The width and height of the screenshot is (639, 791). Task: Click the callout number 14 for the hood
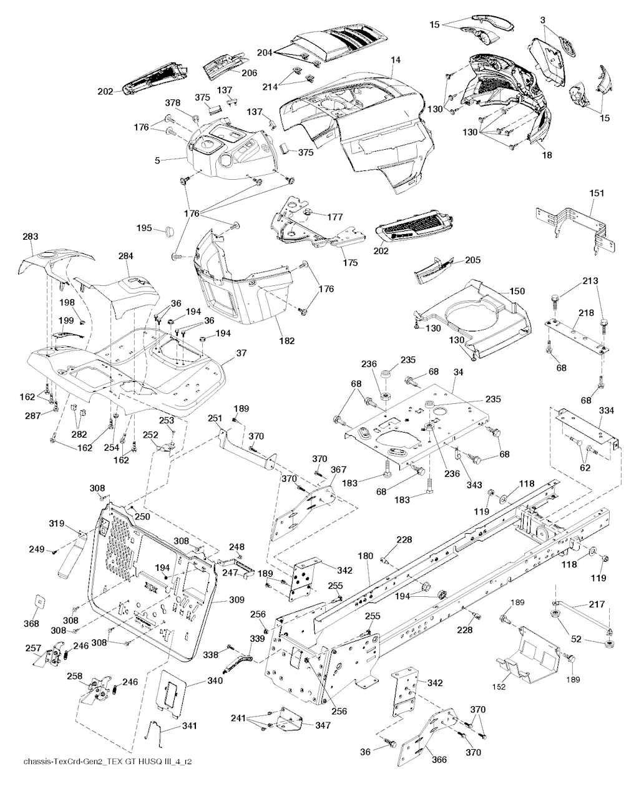(x=395, y=60)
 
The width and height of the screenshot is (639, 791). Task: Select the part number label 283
(x=30, y=237)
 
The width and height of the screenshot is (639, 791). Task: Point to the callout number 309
(x=237, y=600)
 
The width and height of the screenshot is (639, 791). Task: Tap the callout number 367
(x=338, y=469)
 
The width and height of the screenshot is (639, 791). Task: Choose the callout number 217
(x=597, y=604)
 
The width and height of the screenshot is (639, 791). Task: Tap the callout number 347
(x=323, y=725)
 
